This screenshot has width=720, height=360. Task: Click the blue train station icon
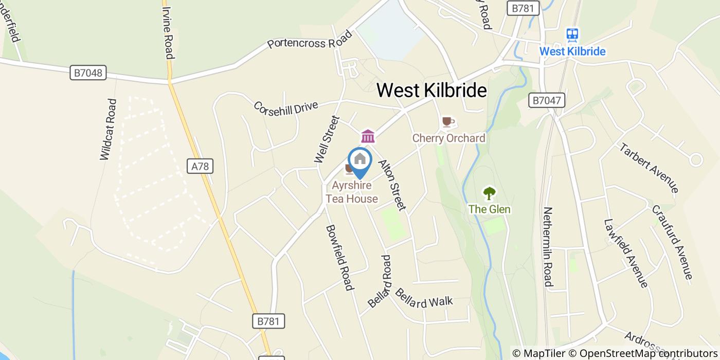[x=572, y=34]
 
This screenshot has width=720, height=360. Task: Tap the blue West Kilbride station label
[x=572, y=51]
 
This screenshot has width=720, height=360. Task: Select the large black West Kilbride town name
[x=431, y=91]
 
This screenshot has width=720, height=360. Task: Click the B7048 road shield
[x=88, y=73]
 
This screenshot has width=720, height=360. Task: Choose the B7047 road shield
[x=547, y=100]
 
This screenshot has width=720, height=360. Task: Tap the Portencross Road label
[x=310, y=41]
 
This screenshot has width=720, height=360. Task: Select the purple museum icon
[x=368, y=136]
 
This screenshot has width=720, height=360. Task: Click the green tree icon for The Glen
[x=489, y=194]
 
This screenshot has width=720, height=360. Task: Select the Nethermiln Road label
[x=548, y=246]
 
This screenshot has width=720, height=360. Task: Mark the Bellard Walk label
[x=424, y=299]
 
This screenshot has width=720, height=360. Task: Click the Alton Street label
[x=392, y=185]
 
